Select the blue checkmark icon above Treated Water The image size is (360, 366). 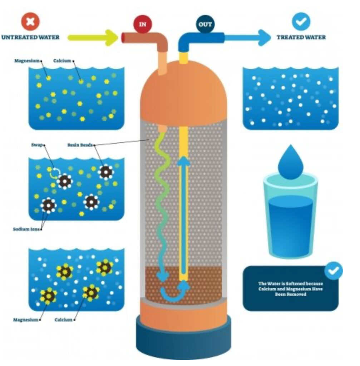[x=301, y=21]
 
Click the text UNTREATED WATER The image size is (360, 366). [x=30, y=37]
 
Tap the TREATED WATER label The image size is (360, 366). [x=301, y=37]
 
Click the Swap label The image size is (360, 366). [x=37, y=145]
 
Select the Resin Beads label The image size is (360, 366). [x=80, y=145]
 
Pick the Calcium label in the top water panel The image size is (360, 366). [x=62, y=61]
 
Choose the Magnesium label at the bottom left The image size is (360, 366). [x=25, y=320]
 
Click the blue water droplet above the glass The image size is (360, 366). [x=290, y=162]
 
